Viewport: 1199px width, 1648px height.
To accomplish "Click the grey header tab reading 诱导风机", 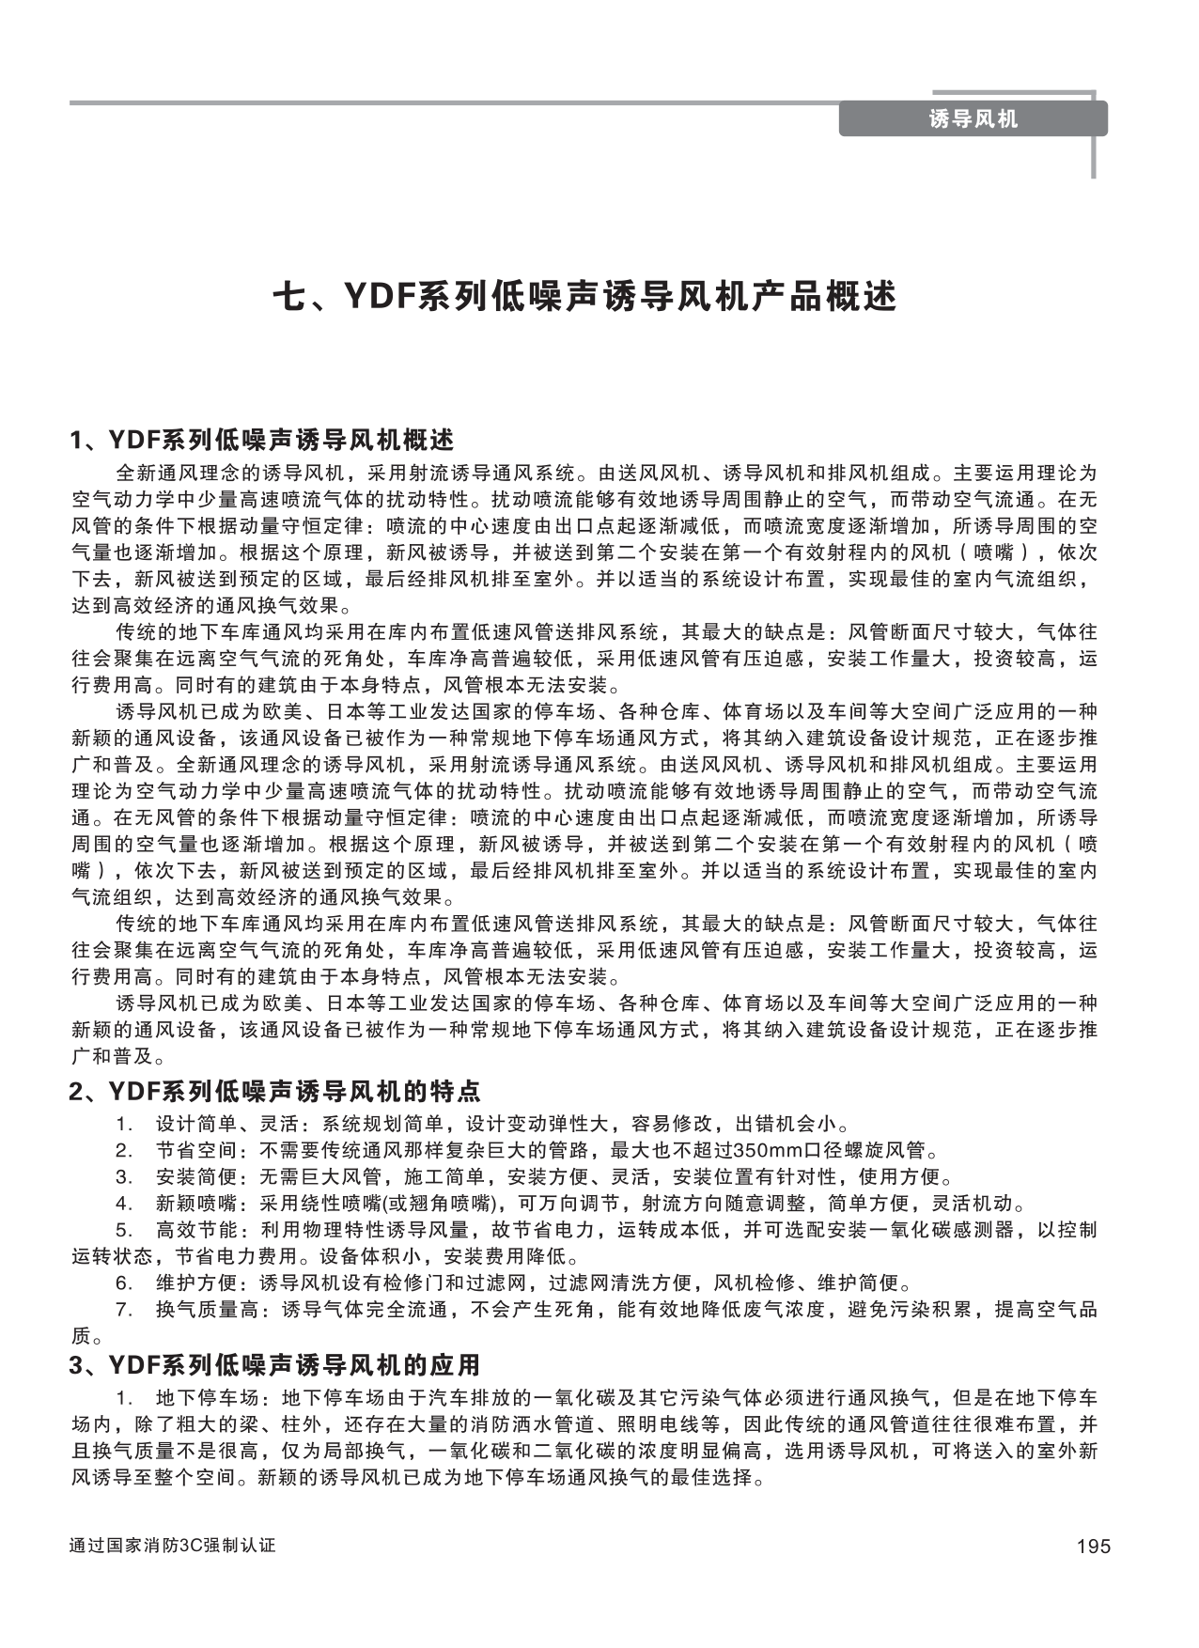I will tap(973, 119).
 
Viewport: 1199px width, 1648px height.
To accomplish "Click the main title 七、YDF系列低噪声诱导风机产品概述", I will tap(584, 297).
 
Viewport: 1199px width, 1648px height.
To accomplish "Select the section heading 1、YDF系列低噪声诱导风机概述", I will tap(262, 440).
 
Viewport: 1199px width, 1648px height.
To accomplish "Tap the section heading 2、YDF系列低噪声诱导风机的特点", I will tap(275, 1091).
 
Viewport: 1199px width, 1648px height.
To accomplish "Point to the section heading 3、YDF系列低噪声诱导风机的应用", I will tap(275, 1363).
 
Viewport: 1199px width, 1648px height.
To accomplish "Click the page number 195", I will tap(1093, 1547).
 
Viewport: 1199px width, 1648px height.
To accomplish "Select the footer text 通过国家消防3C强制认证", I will tap(173, 1546).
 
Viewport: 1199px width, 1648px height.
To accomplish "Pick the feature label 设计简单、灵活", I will tap(199, 1124).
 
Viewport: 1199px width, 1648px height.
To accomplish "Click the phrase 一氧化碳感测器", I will tap(948, 1230).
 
